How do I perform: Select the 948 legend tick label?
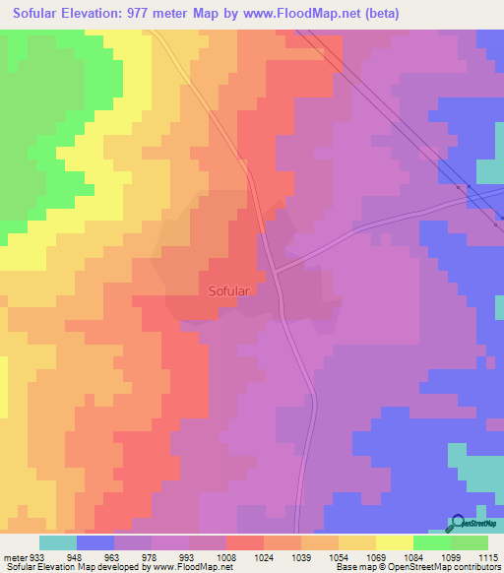75,556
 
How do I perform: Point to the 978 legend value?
150,556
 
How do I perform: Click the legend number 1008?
225,556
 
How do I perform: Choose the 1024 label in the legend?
264,556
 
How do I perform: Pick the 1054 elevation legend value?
338,556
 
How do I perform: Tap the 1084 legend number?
412,556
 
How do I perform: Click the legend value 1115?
487,556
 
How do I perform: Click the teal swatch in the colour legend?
57,542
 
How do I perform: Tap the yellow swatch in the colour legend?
394,542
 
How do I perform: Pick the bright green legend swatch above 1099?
431,542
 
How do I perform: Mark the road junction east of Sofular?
275,270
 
